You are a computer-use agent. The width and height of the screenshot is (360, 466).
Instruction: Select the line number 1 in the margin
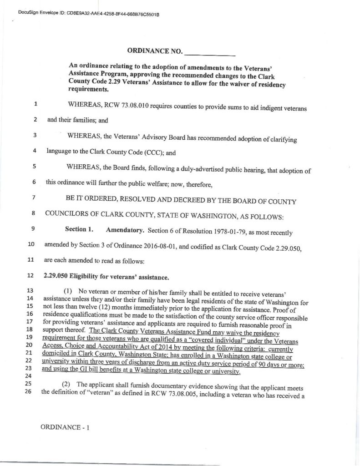(x=35, y=103)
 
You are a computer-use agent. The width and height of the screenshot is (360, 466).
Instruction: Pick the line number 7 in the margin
(x=35, y=198)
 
